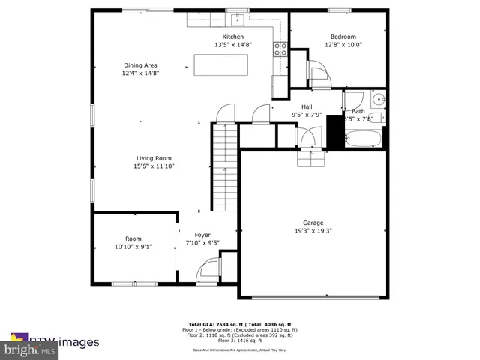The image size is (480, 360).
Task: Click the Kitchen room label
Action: tap(232, 37)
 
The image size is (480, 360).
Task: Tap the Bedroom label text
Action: tap(343, 37)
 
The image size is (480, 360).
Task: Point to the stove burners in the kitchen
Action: tap(280, 49)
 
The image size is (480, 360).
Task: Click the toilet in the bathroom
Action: tap(377, 98)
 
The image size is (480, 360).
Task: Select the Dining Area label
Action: tap(140, 65)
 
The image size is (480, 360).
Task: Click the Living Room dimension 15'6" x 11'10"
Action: tap(154, 166)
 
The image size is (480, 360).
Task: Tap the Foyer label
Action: tap(202, 234)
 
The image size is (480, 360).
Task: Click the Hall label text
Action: tap(307, 106)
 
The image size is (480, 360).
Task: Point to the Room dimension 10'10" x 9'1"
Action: tap(133, 246)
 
